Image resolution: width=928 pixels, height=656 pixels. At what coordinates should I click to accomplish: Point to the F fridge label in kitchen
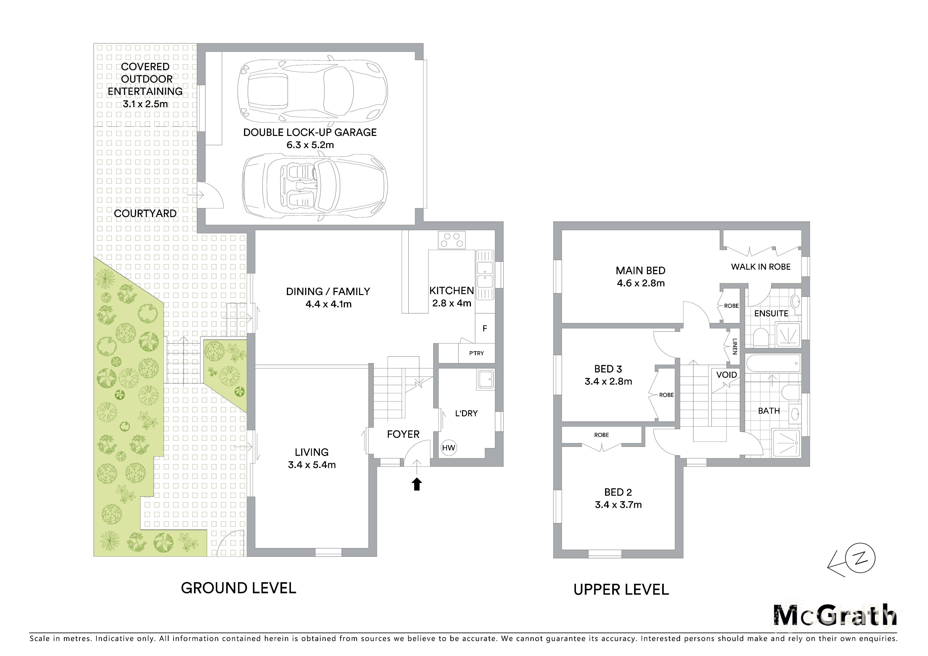click(485, 329)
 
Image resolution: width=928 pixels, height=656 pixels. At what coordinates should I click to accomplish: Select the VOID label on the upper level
click(726, 375)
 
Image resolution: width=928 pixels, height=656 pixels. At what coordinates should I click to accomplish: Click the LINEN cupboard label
click(735, 346)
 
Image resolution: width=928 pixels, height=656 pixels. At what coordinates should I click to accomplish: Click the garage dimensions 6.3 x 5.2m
click(310, 145)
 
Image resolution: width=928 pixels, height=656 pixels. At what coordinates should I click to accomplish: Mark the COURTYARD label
click(145, 214)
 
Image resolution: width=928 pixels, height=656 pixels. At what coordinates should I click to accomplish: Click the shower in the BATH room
click(786, 443)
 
